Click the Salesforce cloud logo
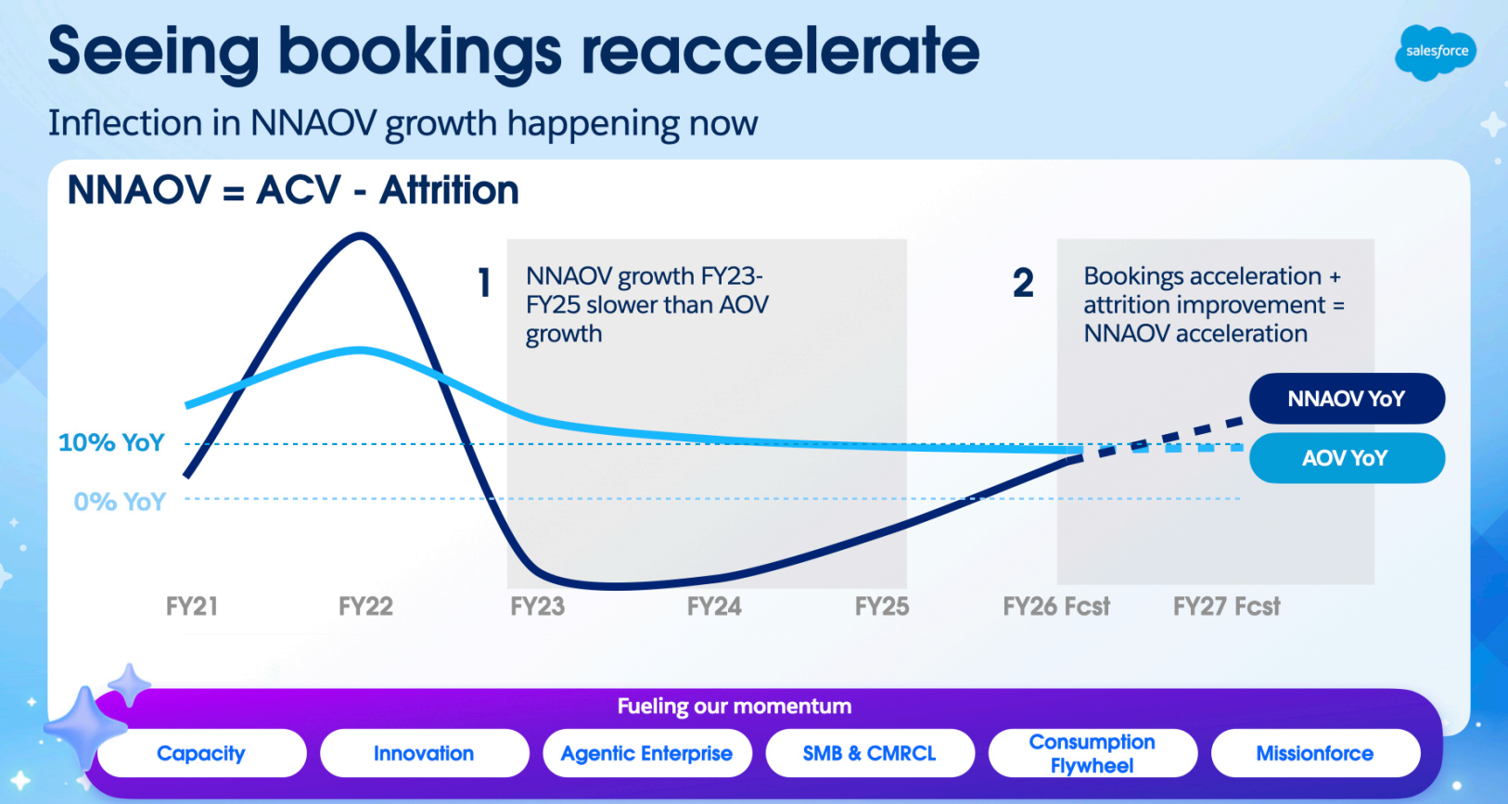click(x=1436, y=52)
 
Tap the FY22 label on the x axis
click(x=365, y=606)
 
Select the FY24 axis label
click(x=714, y=606)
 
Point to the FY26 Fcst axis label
click(x=1056, y=606)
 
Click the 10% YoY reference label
click(x=111, y=442)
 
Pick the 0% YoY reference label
click(x=120, y=502)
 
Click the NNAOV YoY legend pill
click(x=1347, y=399)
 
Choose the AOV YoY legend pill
click(x=1347, y=458)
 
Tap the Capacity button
click(x=201, y=753)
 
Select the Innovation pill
click(x=424, y=753)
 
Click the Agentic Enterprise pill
click(x=646, y=753)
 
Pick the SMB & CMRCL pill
click(x=869, y=753)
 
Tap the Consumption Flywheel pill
click(x=1093, y=753)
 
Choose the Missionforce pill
click(x=1315, y=753)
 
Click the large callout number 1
click(x=484, y=283)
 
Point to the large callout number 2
click(x=1023, y=283)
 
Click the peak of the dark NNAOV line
click(x=360, y=236)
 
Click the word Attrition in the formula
click(x=449, y=190)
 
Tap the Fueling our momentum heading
click(x=735, y=707)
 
